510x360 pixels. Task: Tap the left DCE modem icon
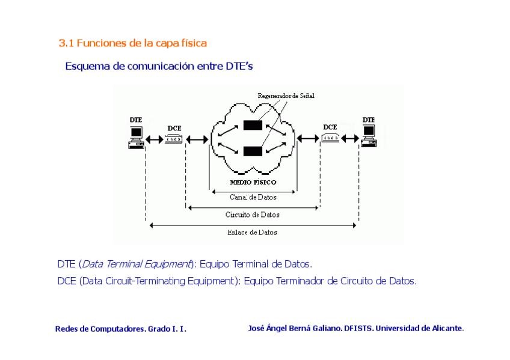click(x=173, y=139)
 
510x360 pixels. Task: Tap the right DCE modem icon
click(x=331, y=138)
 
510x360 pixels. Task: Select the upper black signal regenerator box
click(x=253, y=126)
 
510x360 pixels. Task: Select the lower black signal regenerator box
click(x=253, y=150)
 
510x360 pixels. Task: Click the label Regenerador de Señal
click(x=286, y=96)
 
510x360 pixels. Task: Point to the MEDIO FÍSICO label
click(x=253, y=182)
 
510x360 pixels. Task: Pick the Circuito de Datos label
click(x=253, y=215)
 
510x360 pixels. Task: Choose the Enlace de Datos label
click(x=253, y=232)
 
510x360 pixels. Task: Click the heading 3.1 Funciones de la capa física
click(x=132, y=43)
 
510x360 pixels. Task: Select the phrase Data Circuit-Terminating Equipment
click(x=159, y=281)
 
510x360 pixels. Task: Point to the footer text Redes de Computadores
click(x=100, y=329)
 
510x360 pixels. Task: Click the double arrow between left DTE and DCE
click(x=155, y=139)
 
